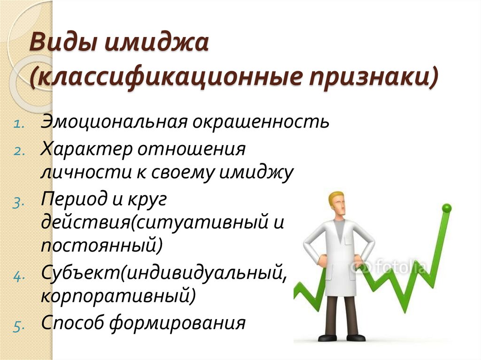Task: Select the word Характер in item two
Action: tap(85, 150)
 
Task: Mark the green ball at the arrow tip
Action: tap(447, 207)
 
